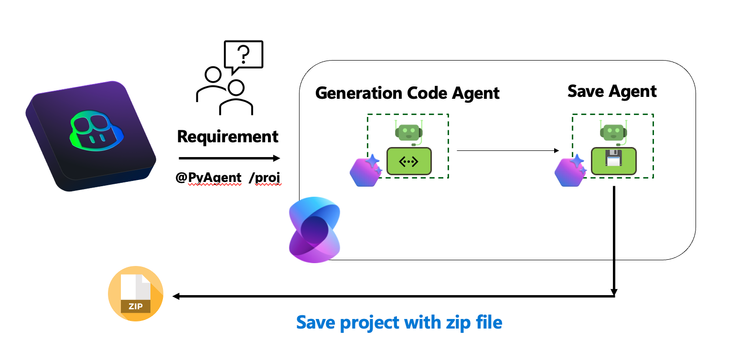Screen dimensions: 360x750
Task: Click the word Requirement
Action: (228, 136)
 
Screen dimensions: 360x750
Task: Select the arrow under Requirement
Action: (229, 158)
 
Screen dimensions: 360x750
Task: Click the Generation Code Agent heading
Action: (407, 93)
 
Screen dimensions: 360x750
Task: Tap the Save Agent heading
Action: (611, 91)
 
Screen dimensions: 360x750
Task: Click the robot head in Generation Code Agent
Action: (408, 131)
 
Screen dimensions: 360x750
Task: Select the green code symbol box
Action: (408, 159)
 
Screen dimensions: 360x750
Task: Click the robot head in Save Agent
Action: (611, 131)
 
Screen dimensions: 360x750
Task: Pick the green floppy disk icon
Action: (611, 160)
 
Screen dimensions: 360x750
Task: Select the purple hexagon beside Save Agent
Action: (568, 171)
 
